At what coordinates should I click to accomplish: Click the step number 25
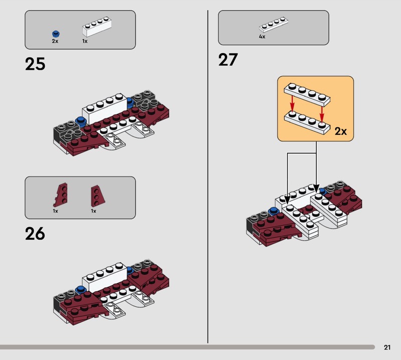(x=35, y=64)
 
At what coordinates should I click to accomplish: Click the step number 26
(x=35, y=234)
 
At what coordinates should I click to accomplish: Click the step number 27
(x=228, y=60)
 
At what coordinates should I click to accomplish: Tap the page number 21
(x=387, y=347)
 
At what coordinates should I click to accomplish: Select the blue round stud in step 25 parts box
(x=56, y=34)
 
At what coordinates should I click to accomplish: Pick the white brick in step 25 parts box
(x=97, y=27)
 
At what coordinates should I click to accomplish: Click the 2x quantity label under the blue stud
(x=55, y=41)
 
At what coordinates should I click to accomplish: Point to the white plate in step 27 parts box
(x=273, y=24)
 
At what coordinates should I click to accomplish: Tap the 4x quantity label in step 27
(x=262, y=37)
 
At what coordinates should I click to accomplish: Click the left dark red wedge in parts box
(x=61, y=195)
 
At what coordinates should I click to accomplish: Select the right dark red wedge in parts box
(x=97, y=196)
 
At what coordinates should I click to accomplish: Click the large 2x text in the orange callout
(x=341, y=131)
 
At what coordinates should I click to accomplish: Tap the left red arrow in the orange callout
(x=292, y=105)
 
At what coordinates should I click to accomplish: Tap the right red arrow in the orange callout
(x=322, y=114)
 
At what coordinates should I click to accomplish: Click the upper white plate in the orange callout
(x=307, y=94)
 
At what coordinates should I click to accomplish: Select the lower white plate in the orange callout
(x=307, y=122)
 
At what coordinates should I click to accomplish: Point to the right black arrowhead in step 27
(x=316, y=189)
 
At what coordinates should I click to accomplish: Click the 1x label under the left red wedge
(x=56, y=211)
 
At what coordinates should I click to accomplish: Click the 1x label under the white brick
(x=85, y=41)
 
